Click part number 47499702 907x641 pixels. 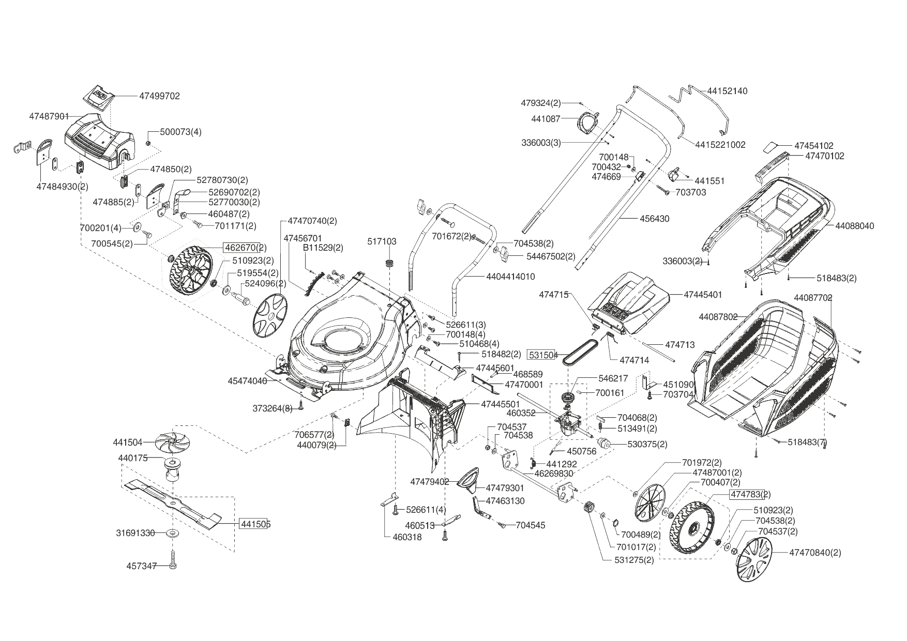point(159,96)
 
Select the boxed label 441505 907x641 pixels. point(255,524)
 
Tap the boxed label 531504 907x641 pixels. point(542,355)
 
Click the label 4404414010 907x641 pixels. point(510,277)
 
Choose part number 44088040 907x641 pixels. point(854,226)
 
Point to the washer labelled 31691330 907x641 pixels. point(171,533)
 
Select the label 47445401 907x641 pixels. point(703,295)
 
